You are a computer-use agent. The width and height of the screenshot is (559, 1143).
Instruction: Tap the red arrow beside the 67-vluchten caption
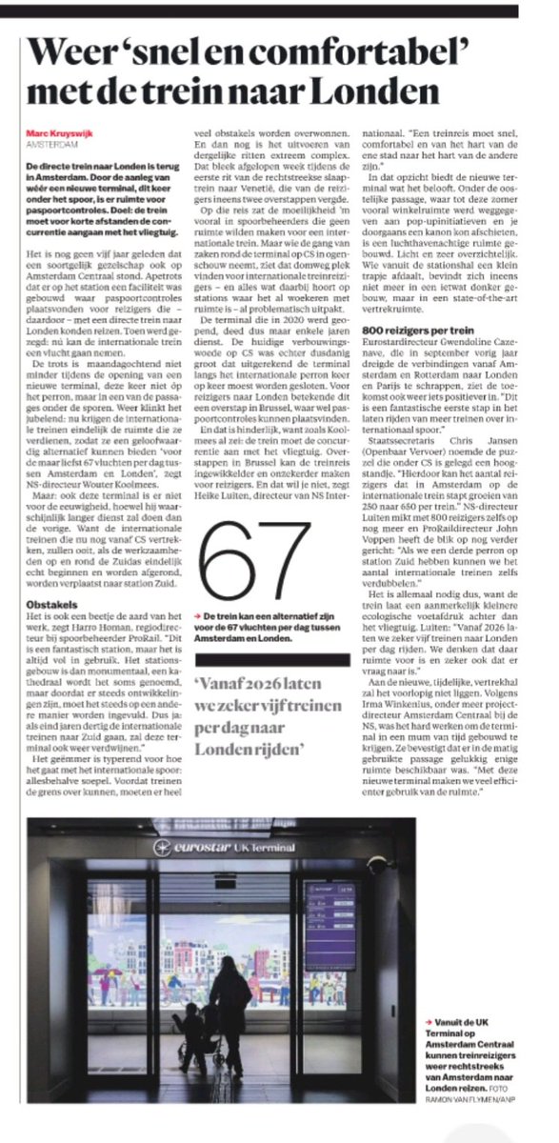tap(195, 592)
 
